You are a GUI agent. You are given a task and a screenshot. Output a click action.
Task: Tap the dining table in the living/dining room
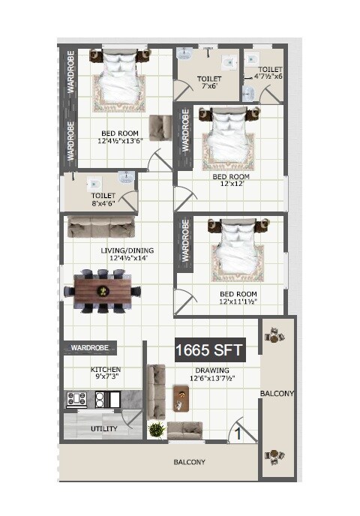click(102, 289)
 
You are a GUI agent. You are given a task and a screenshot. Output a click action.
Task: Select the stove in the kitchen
click(76, 399)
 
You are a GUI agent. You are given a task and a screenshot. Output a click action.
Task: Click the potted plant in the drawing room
click(156, 430)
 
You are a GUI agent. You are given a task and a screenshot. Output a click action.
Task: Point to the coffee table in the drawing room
click(181, 397)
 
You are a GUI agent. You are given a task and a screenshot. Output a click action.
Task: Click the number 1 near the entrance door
click(237, 433)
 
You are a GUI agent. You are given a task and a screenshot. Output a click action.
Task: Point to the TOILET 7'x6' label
click(209, 82)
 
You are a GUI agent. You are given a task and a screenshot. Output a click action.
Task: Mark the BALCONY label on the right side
click(277, 393)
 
